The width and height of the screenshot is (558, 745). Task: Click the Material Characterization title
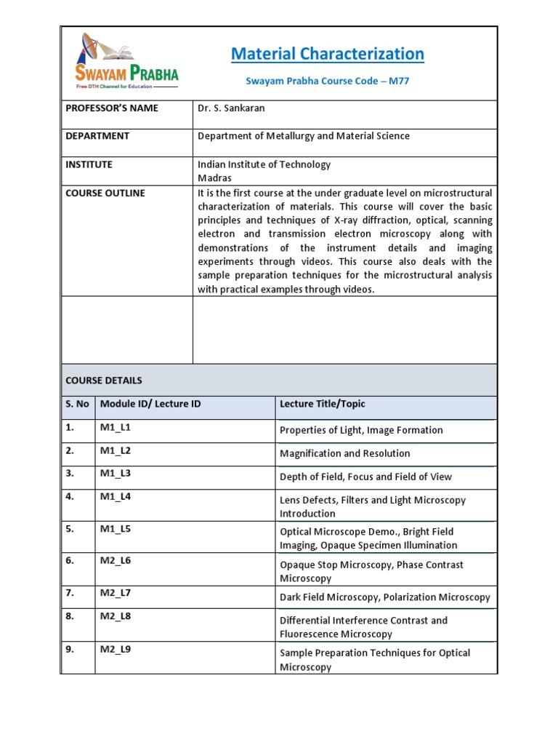[327, 54]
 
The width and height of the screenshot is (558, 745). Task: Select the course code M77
[399, 81]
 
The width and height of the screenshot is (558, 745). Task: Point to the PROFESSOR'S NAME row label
[112, 108]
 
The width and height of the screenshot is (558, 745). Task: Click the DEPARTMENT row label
[97, 136]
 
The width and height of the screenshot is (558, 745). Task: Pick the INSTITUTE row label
[89, 165]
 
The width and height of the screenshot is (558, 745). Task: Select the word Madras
[215, 178]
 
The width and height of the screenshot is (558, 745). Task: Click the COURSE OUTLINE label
[105, 194]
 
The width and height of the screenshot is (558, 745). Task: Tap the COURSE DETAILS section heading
[104, 381]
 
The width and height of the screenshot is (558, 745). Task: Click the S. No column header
[78, 405]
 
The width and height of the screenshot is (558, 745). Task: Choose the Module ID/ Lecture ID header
[150, 405]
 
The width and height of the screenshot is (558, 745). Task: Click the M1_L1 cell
[116, 428]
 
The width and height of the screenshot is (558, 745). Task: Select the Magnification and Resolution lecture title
[345, 454]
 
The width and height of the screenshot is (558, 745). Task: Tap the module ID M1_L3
[116, 474]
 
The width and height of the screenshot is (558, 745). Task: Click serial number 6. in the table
[70, 561]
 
